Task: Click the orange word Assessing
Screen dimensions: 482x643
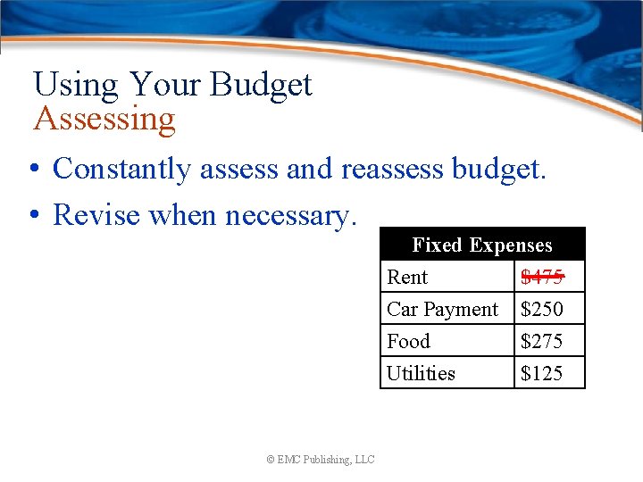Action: pos(104,119)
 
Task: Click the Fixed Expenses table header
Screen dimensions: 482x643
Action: pos(482,245)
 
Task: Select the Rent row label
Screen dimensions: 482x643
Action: pos(407,277)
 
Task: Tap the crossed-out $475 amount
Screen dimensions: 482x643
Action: pos(541,277)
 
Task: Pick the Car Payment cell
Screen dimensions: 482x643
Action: pos(442,309)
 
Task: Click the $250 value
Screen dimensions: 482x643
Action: pos(541,309)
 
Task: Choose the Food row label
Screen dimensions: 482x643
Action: pos(408,341)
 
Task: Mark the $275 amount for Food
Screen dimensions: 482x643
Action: pos(541,341)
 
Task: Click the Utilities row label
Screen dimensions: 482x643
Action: pos(421,373)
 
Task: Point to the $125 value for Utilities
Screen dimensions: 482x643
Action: pos(541,373)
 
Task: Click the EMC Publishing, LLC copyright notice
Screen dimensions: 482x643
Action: pos(321,460)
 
